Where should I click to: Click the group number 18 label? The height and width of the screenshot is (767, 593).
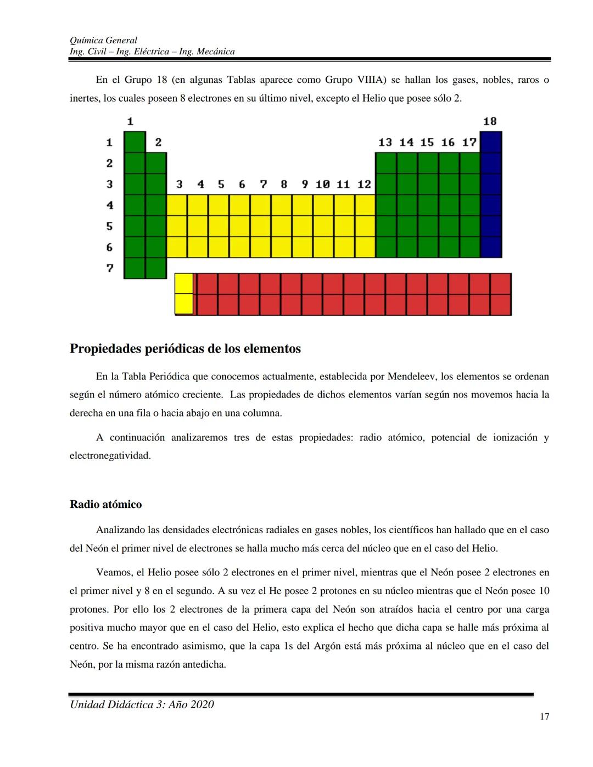coord(490,121)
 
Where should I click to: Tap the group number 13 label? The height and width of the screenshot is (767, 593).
coord(385,142)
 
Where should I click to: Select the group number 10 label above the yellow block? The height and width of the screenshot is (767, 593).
coord(322,184)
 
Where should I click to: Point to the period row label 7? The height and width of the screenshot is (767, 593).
coord(110,268)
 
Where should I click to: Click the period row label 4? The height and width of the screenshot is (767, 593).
coord(110,205)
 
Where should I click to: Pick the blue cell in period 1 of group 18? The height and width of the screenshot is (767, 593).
coord(491,142)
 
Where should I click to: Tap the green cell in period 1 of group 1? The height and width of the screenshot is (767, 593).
coord(135,142)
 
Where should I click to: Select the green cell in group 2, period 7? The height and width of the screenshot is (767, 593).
coord(156,268)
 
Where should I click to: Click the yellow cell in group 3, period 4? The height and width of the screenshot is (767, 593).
coord(177,205)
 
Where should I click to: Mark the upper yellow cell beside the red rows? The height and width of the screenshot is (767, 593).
coord(184,284)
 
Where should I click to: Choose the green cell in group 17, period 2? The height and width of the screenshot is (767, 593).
coord(469,163)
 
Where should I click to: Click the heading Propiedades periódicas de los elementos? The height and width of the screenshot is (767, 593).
coord(185,349)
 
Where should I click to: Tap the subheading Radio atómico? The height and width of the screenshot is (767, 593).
coord(105,505)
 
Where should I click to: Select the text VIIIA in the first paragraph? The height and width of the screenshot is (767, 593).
coord(372,80)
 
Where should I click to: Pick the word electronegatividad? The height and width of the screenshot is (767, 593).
coord(110,456)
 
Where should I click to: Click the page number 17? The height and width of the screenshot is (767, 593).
coord(544,716)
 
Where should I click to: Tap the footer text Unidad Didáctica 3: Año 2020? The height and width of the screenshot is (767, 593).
coord(142,704)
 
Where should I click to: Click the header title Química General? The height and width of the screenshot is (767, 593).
coord(103,40)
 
